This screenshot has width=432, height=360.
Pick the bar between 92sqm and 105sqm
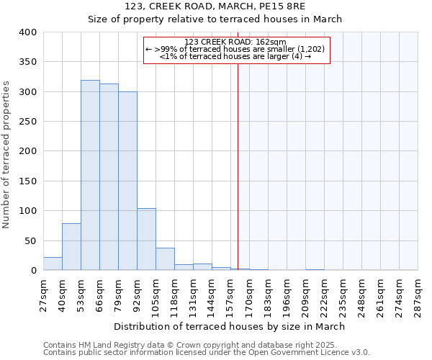point(146,239)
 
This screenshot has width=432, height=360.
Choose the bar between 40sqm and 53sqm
point(71,247)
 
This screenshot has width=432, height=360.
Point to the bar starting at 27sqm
point(53,264)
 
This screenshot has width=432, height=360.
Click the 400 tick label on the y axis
point(28,32)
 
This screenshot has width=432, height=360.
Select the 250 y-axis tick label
point(28,122)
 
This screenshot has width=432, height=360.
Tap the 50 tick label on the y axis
point(31,240)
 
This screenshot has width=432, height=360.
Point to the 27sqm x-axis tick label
point(44,295)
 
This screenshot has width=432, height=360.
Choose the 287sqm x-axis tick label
point(418,295)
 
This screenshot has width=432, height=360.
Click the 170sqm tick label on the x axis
point(250,295)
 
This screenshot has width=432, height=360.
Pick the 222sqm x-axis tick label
point(325,295)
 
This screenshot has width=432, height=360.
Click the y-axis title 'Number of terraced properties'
point(7,155)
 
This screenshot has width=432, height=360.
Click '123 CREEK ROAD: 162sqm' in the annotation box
point(235,42)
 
